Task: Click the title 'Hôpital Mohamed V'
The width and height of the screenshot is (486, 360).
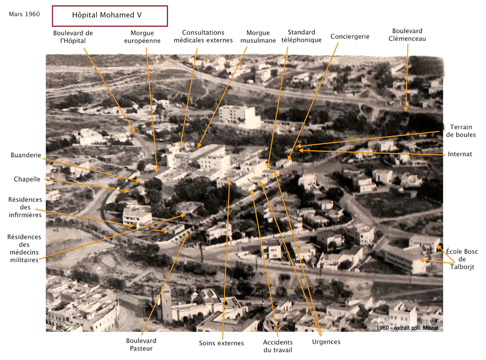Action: point(106,15)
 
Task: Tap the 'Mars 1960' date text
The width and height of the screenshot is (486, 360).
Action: point(24,14)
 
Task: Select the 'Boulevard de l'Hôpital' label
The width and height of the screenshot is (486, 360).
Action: point(73,37)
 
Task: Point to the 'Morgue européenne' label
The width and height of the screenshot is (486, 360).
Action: point(142,37)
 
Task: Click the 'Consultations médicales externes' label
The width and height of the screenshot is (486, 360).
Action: point(203,36)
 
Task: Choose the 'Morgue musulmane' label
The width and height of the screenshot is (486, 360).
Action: point(258,37)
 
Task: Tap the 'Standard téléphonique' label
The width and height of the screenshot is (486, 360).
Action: point(301,36)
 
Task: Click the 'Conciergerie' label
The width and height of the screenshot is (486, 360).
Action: point(349,37)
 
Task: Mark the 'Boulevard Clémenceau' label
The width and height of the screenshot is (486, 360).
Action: point(407,35)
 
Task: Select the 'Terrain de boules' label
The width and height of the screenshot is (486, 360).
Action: point(461,131)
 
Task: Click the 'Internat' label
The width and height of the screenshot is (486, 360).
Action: point(460,154)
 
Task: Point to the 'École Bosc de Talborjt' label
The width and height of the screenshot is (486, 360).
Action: point(462,259)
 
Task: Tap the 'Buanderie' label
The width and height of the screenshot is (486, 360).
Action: point(26,155)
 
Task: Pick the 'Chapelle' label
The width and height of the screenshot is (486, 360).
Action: point(27,179)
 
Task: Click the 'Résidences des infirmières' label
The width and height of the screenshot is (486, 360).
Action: point(25,207)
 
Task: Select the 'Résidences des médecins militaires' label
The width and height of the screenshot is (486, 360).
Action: point(24,248)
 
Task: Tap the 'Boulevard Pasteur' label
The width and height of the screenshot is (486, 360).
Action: point(141,345)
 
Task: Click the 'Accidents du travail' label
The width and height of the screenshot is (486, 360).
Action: point(278,346)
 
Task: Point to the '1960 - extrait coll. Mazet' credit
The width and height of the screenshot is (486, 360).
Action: point(407,327)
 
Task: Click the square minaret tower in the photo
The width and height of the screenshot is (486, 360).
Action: point(166,303)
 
